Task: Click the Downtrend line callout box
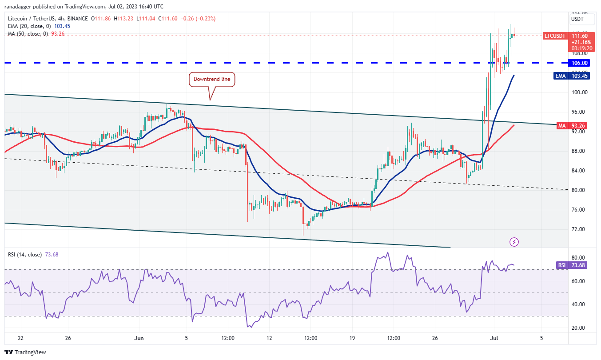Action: [212, 80]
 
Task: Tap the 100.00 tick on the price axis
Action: [579, 92]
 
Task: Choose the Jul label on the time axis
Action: [493, 338]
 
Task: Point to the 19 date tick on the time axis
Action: [352, 338]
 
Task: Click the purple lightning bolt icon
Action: [514, 242]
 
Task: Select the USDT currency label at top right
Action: [577, 19]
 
